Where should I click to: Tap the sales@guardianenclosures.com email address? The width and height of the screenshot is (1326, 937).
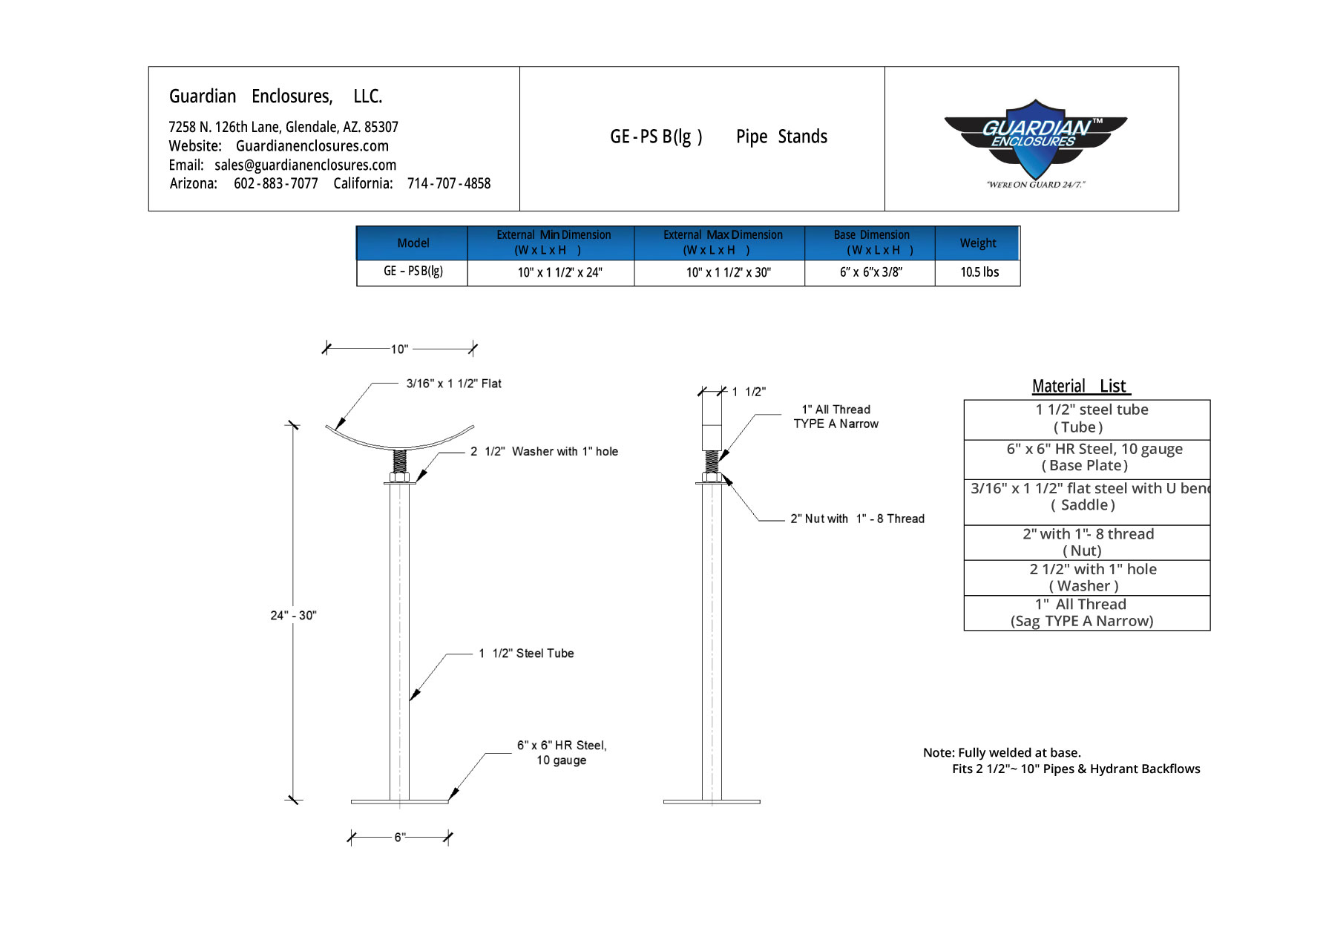pyautogui.click(x=305, y=165)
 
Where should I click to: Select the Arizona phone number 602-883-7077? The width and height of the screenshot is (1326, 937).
pyautogui.click(x=275, y=183)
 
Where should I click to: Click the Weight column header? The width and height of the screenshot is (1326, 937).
pyautogui.click(x=977, y=243)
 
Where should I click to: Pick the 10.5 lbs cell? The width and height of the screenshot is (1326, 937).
pyautogui.click(x=979, y=272)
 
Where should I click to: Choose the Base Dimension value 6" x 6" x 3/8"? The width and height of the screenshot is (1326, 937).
pyautogui.click(x=870, y=272)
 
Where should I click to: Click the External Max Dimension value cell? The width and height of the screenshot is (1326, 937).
pyautogui.click(x=728, y=272)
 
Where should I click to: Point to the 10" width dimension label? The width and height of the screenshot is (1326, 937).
pyautogui.click(x=399, y=349)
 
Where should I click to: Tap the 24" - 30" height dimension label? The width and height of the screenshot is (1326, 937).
pyautogui.click(x=293, y=615)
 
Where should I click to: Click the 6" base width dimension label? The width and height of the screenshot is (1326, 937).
pyautogui.click(x=399, y=837)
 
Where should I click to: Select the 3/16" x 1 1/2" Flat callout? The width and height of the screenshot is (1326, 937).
pyautogui.click(x=453, y=384)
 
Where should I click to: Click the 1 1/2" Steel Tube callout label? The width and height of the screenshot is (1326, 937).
pyautogui.click(x=526, y=653)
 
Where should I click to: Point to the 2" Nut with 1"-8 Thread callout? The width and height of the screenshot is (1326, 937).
pyautogui.click(x=857, y=519)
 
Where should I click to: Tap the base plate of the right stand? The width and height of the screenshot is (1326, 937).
pyautogui.click(x=712, y=801)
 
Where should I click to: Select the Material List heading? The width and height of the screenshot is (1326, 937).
pyautogui.click(x=1080, y=387)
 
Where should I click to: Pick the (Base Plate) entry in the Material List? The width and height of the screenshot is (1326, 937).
pyautogui.click(x=1084, y=466)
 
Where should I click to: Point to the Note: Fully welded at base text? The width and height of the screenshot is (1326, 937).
pyautogui.click(x=1002, y=752)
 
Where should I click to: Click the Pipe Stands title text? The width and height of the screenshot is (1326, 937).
pyautogui.click(x=781, y=137)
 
